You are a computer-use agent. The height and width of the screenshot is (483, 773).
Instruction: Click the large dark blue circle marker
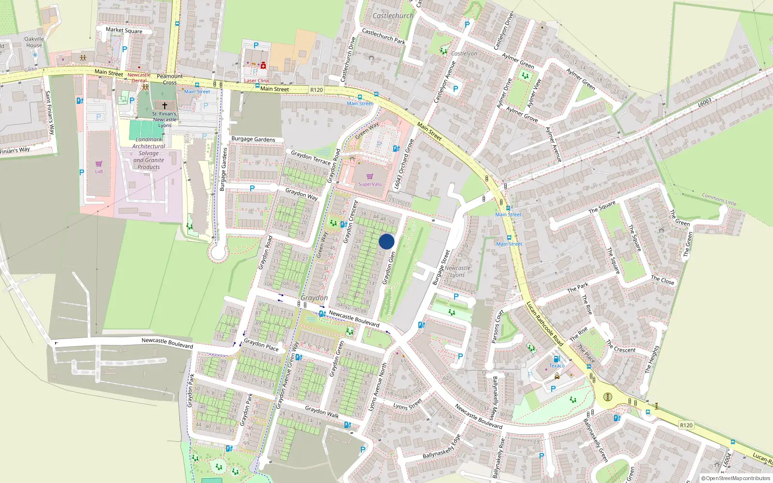coord(386,241)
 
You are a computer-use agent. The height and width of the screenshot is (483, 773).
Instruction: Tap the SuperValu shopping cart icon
coord(370,176)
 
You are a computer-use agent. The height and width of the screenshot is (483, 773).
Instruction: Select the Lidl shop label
coord(99,171)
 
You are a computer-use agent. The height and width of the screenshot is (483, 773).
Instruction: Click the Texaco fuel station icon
coord(556,359)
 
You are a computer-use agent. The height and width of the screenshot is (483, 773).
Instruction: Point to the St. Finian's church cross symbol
coord(165,105)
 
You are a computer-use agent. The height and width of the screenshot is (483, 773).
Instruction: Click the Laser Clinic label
coord(257,81)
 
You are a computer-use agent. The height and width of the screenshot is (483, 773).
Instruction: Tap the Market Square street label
coord(124,30)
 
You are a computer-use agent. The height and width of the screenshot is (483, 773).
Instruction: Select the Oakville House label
coord(34,42)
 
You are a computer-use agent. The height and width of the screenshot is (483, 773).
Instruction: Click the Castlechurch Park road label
coord(383,36)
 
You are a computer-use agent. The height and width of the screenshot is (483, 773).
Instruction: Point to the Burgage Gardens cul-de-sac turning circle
coord(218,252)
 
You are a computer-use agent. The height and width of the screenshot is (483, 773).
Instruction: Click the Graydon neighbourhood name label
coord(314,298)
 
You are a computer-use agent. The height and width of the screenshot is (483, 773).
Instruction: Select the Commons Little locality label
coord(719,199)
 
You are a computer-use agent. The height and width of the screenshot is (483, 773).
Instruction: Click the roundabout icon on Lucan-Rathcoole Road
coord(608,397)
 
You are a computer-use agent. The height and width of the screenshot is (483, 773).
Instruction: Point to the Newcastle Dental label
coord(139,78)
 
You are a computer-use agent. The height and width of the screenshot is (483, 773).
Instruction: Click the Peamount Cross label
coord(170,79)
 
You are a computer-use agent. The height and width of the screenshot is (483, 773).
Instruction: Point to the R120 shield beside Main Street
coord(316,90)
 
